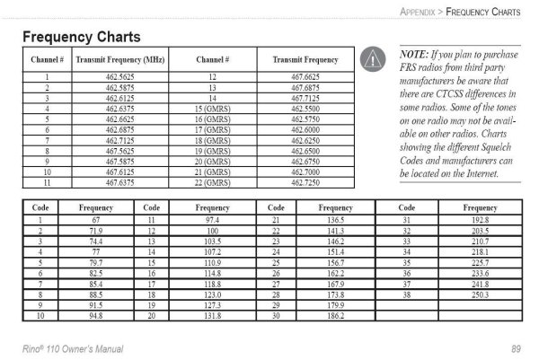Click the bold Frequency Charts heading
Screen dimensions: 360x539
80,38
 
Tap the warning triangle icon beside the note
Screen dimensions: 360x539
370,59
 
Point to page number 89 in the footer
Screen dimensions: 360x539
516,347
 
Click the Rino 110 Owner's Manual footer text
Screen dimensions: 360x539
73,347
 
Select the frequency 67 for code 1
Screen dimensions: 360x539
95,220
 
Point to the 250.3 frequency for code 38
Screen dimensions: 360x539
479,294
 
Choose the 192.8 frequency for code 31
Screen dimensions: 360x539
479,220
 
